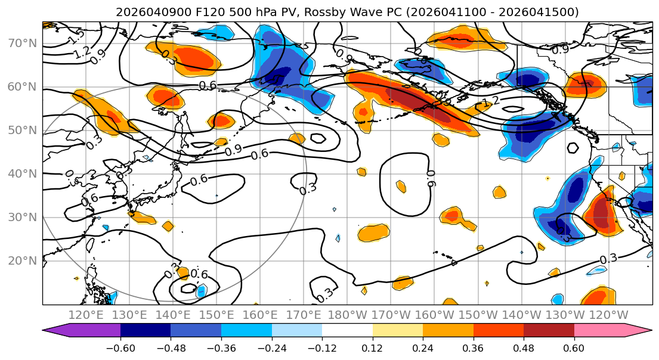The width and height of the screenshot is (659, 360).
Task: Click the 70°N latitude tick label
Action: click(x=22, y=44)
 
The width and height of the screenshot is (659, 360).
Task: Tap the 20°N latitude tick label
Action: click(x=22, y=260)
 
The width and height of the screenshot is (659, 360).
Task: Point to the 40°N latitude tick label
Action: click(x=22, y=173)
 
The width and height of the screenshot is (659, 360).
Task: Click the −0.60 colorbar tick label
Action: click(x=120, y=347)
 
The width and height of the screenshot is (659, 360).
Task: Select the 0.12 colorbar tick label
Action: click(x=373, y=347)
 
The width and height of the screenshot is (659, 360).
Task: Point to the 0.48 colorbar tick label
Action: click(x=524, y=347)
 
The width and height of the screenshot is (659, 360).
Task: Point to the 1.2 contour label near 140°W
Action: click(x=491, y=103)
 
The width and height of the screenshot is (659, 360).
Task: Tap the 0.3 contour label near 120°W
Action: click(x=608, y=259)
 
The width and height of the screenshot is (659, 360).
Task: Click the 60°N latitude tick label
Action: click(x=22, y=87)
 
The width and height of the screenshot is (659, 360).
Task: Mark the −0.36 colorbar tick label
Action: click(x=221, y=347)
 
